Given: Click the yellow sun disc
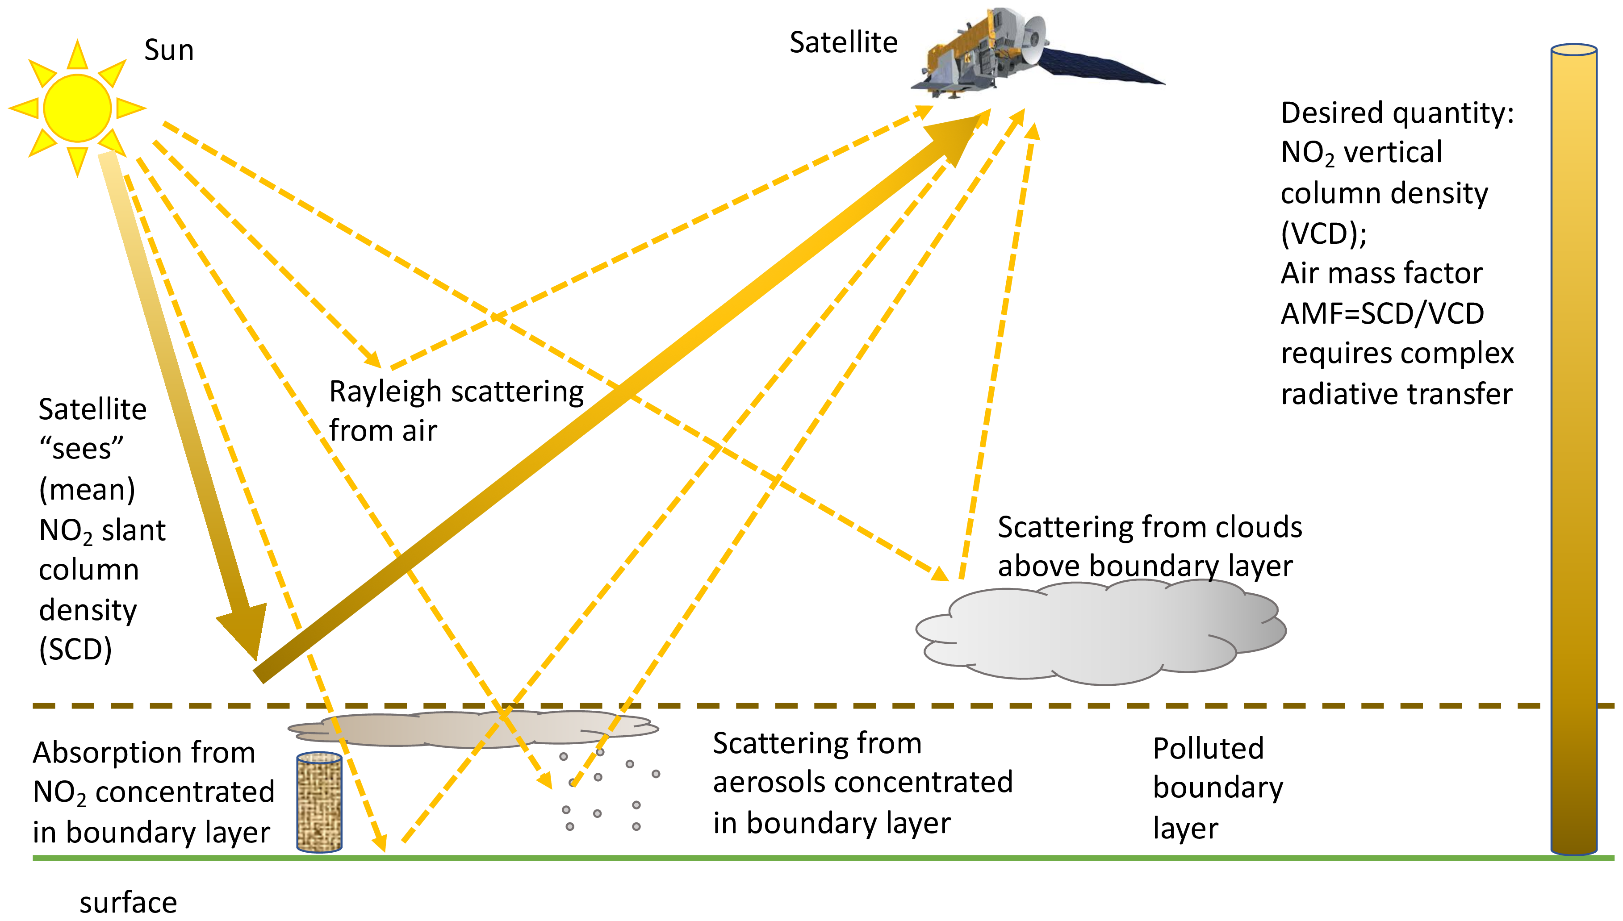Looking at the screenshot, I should coord(77,108).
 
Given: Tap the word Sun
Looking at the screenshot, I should coord(168,50).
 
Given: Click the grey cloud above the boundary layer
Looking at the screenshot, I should coord(1101,633).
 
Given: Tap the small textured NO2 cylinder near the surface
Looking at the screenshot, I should coord(319,802).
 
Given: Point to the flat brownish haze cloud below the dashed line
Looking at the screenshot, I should coord(471,729).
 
